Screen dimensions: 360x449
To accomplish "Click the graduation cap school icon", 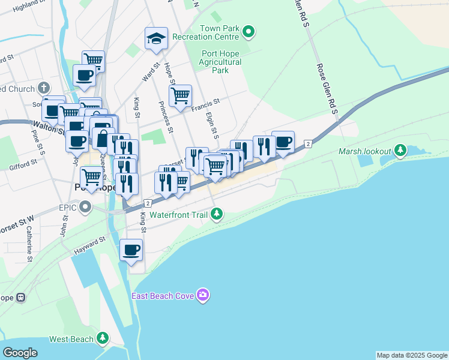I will (x=156, y=39).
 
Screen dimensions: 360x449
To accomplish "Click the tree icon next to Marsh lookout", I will (x=400, y=151).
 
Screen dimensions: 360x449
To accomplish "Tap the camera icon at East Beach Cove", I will (x=203, y=295).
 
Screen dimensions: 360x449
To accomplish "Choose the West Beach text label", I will (x=71, y=339).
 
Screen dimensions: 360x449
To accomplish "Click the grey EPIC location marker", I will (x=86, y=208).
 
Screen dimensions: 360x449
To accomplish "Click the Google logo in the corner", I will (x=20, y=352).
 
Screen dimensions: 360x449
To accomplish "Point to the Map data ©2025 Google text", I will (x=412, y=355).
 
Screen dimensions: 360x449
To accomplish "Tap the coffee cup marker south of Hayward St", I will (x=131, y=250).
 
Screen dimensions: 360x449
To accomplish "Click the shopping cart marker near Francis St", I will (x=180, y=95).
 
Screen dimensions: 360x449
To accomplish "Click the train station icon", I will (x=20, y=297).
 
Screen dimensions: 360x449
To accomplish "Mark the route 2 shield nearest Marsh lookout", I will (x=308, y=144).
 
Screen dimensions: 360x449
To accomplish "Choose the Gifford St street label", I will (x=22, y=165).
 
